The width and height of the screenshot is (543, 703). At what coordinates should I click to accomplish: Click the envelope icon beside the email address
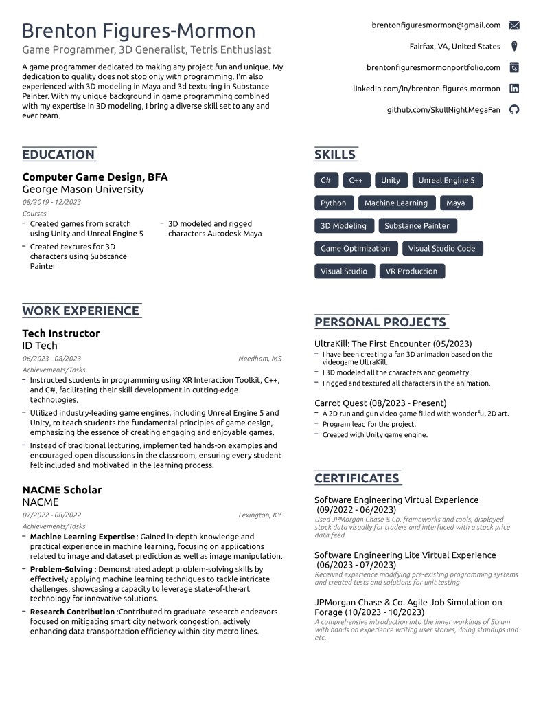click(x=514, y=25)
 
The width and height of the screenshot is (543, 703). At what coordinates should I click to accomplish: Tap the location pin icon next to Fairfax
click(x=514, y=47)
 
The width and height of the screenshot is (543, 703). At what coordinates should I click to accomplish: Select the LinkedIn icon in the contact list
click(x=514, y=89)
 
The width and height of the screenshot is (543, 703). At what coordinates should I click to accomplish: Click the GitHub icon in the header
click(x=514, y=110)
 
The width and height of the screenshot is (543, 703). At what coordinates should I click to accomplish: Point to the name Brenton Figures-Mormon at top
click(x=139, y=31)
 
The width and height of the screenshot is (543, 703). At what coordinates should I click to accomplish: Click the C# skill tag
click(x=325, y=181)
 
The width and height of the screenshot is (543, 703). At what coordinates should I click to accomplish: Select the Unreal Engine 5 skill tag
click(x=446, y=181)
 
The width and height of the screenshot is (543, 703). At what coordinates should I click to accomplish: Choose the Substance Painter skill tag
click(x=417, y=226)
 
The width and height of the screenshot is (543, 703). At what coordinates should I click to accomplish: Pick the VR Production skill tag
click(x=411, y=271)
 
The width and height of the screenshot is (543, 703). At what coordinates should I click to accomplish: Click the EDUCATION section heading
click(x=58, y=155)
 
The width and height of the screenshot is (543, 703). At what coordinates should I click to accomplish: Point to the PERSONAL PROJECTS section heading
click(x=380, y=322)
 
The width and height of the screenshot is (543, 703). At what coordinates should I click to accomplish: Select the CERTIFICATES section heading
click(x=356, y=478)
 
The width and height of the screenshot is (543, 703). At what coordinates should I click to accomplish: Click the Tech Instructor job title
click(x=61, y=333)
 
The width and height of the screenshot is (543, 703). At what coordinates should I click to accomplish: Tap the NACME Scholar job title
click(x=62, y=490)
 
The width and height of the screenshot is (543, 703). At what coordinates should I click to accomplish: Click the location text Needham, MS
click(x=259, y=359)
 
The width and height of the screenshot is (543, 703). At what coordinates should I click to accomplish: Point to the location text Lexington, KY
click(x=259, y=515)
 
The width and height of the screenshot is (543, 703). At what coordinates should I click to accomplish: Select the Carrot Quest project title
click(x=380, y=403)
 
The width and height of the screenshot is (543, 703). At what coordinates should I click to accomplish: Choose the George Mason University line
click(x=83, y=189)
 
